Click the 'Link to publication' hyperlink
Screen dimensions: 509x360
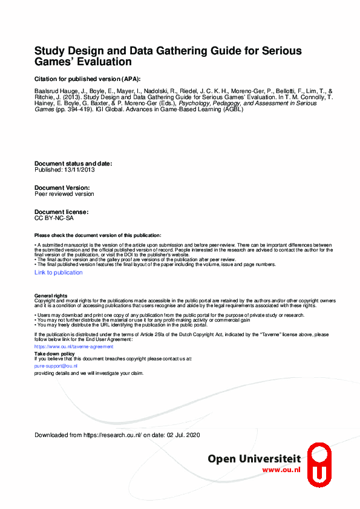point(59,273)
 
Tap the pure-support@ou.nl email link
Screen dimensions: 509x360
point(56,366)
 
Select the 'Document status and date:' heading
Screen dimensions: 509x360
point(73,164)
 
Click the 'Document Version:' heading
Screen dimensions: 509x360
point(62,188)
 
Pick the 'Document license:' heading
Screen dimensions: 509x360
point(62,212)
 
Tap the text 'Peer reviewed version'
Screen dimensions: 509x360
point(64,194)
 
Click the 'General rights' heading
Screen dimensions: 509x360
point(51,295)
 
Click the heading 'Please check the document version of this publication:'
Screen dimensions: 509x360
point(98,235)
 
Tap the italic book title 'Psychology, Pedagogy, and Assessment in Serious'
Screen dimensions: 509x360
point(247,103)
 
